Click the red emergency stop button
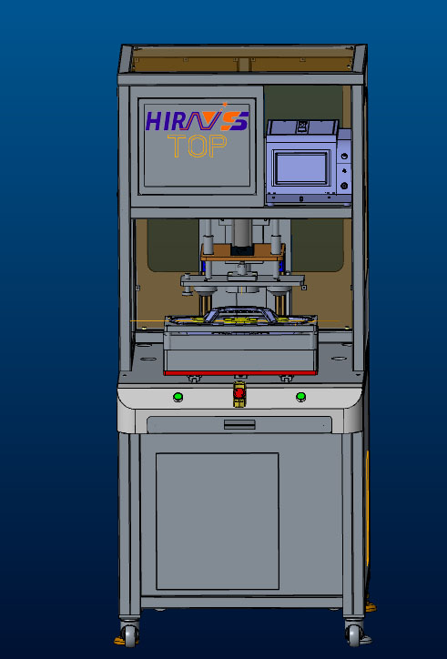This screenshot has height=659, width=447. [239, 393]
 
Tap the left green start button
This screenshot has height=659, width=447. [178, 396]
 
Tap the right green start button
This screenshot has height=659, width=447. [300, 396]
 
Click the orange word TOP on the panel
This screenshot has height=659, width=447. [198, 147]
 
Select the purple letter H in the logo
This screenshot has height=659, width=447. [154, 121]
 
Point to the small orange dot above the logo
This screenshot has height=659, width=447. [225, 104]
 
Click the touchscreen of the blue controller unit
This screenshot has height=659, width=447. [300, 168]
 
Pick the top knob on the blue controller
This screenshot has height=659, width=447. [345, 157]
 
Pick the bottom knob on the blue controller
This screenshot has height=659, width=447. [345, 185]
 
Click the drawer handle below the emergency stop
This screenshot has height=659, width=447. [239, 424]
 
